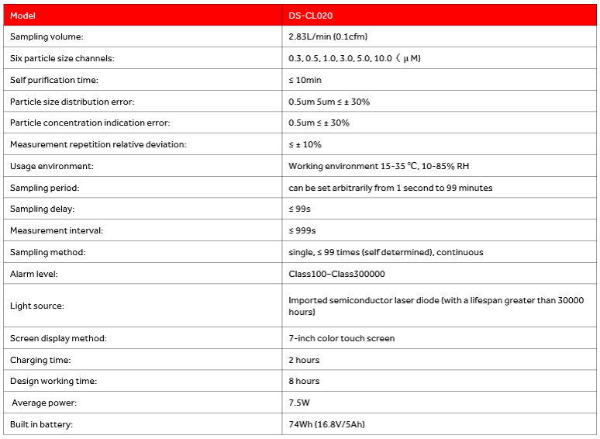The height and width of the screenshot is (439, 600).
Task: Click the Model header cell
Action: tap(23, 16)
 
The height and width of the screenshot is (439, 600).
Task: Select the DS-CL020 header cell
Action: tap(311, 16)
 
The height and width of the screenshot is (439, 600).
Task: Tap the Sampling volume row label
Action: tap(47, 36)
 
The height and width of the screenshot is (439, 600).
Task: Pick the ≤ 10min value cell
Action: tap(305, 80)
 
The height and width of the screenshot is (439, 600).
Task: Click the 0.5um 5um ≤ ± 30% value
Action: tap(329, 102)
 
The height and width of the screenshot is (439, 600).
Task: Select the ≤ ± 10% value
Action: tap(305, 144)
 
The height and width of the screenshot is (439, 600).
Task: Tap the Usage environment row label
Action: tap(51, 166)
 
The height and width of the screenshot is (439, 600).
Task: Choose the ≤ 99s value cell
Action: tap(300, 209)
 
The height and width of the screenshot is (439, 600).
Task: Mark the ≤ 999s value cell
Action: tap(302, 230)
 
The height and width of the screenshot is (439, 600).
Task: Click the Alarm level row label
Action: tap(34, 274)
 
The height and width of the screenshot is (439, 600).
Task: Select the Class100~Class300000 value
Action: tap(336, 274)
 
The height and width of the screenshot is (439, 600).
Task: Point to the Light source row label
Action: tap(37, 306)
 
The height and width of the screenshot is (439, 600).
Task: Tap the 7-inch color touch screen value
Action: tap(341, 338)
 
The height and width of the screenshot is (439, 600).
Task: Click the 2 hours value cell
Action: tap(304, 360)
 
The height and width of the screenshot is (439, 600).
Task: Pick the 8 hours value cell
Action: tap(304, 381)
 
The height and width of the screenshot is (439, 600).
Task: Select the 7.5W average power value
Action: tap(298, 403)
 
